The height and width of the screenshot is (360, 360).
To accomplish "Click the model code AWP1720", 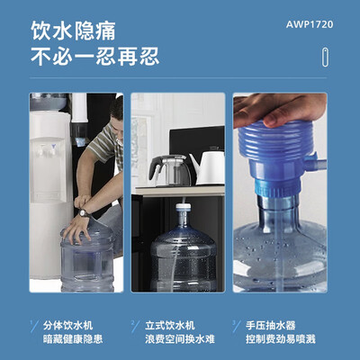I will click(314, 24).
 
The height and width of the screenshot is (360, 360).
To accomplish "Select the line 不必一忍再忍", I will click(95, 58).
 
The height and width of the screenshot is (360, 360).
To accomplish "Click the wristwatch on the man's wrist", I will click(84, 211).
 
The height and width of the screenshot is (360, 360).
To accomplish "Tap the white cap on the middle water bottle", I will click(184, 211).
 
